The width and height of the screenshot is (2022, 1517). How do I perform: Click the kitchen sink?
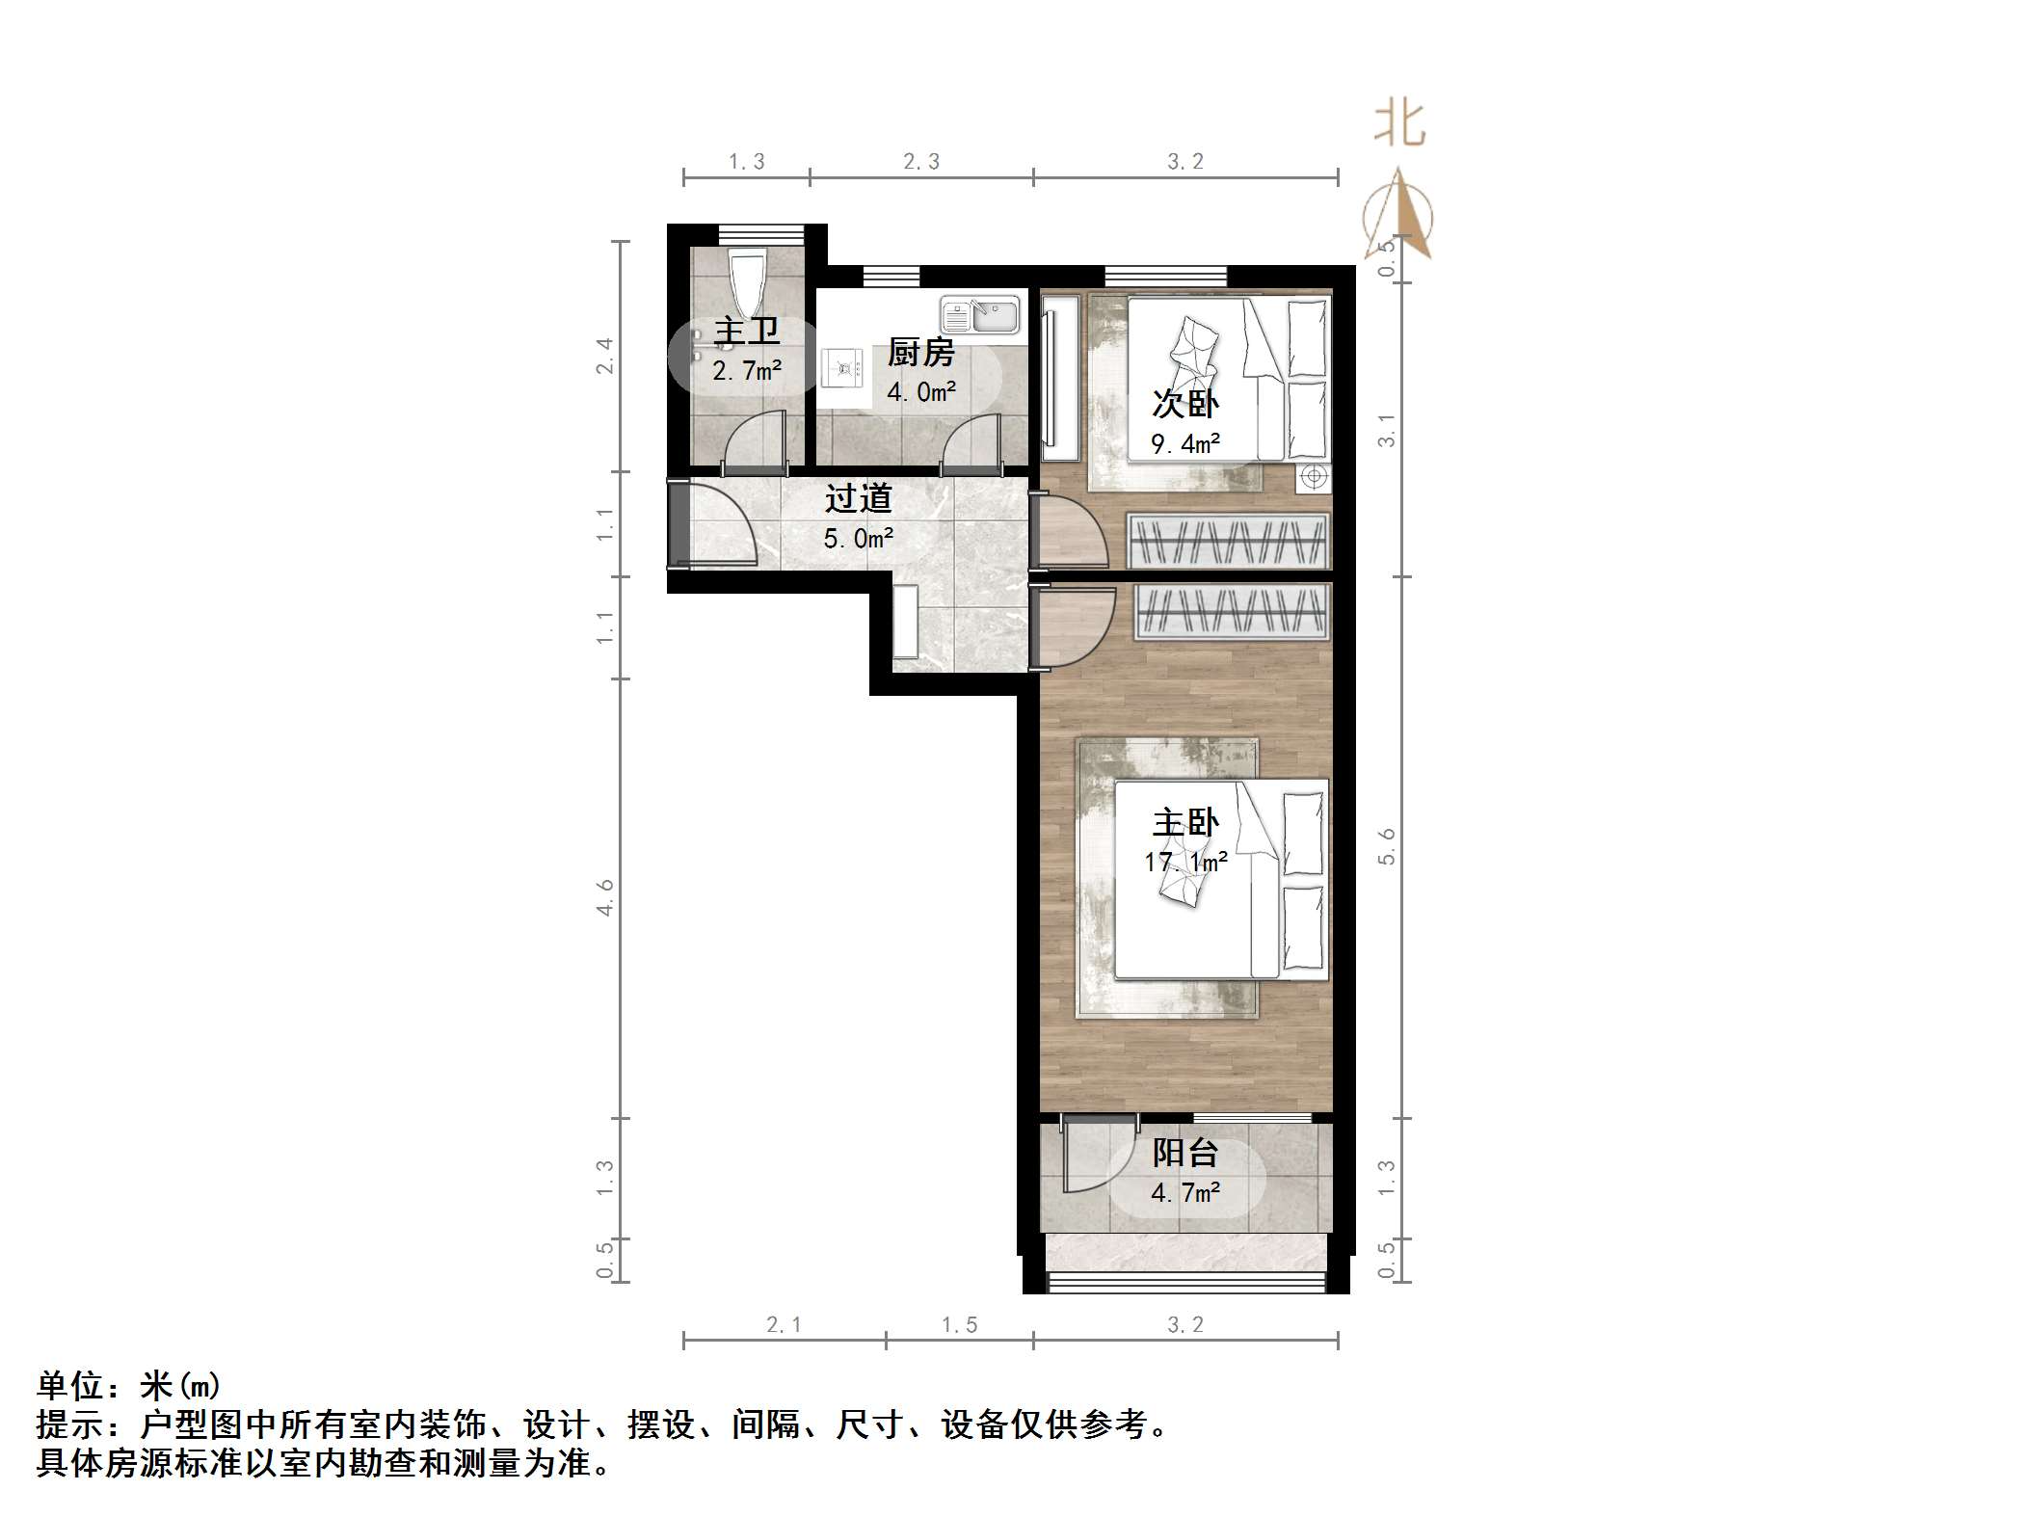(979, 315)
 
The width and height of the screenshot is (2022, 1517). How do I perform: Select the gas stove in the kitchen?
(845, 367)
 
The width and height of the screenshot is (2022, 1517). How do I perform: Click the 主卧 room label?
(1185, 822)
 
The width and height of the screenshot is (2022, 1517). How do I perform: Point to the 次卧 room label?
(1185, 403)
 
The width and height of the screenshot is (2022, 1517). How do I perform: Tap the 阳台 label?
(1185, 1153)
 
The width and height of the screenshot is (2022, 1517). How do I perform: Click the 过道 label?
(858, 498)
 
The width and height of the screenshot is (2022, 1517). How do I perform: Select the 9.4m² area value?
(1185, 444)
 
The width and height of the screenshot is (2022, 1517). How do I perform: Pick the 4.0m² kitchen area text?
(921, 392)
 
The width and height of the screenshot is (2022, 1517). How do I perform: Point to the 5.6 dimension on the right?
(1387, 847)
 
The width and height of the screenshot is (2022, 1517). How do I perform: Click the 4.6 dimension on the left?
(604, 897)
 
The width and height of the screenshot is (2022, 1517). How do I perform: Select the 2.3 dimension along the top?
(921, 162)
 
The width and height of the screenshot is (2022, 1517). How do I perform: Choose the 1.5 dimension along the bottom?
(960, 1325)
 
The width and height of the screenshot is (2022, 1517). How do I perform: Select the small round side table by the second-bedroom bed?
(1313, 476)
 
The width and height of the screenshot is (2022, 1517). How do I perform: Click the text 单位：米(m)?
(129, 1386)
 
